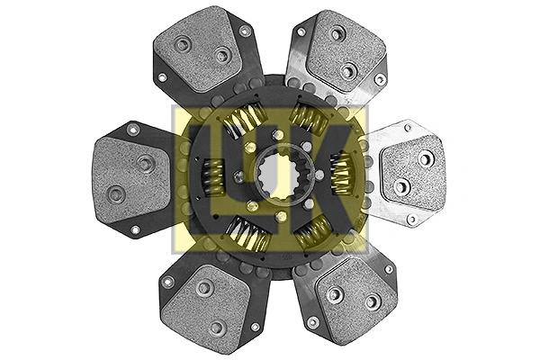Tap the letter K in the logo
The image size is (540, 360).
[328, 179]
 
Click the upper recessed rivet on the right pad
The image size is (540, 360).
[424, 157]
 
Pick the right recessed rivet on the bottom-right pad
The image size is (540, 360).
[370, 301]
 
